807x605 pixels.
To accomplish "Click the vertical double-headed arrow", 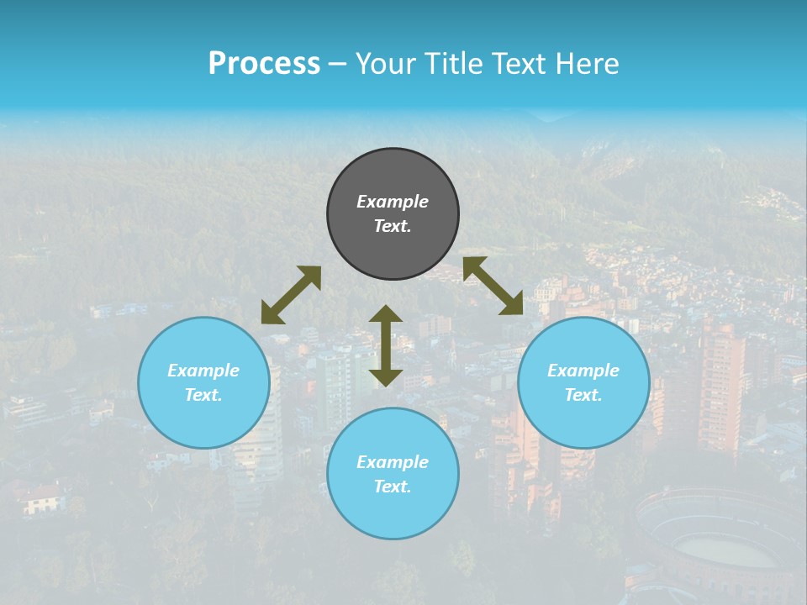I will (x=386, y=345).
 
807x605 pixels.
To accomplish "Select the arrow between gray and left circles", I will (x=291, y=295).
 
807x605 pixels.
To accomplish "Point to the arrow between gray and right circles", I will (x=493, y=286).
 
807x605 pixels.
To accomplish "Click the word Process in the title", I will (x=264, y=63).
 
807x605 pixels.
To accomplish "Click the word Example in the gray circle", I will (x=393, y=202).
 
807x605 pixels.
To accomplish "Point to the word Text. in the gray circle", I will (x=393, y=226).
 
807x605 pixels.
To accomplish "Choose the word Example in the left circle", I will (x=203, y=371).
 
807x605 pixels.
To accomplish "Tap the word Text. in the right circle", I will (x=583, y=395).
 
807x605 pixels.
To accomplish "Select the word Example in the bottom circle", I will (x=393, y=462).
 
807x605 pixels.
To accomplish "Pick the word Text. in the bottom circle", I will (x=393, y=487).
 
